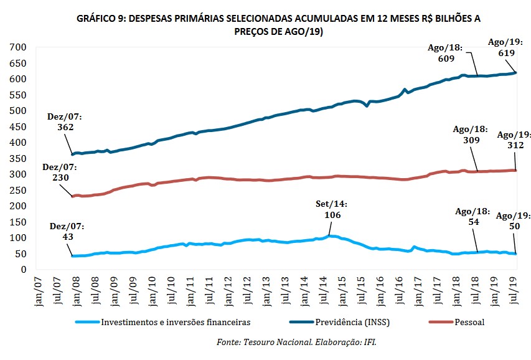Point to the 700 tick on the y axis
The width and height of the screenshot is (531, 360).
point(17,47)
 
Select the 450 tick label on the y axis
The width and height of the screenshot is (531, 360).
point(17,127)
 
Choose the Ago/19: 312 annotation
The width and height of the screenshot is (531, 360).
point(514,140)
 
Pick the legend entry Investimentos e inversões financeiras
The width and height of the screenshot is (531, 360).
point(175,322)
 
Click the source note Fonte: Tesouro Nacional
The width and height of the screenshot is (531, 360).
point(297,342)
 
